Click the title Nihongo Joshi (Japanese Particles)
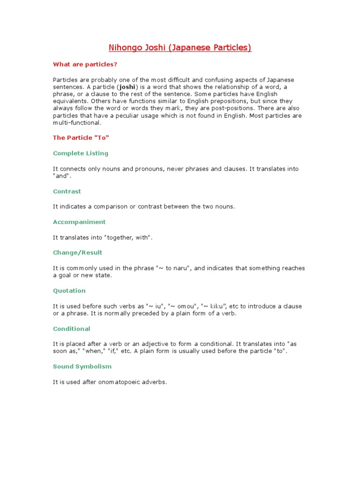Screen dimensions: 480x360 (180, 48)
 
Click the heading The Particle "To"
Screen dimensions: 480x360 (81, 138)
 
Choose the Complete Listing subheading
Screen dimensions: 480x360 (81, 153)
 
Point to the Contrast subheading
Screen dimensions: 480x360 (67, 191)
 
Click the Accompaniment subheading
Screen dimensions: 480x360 (79, 222)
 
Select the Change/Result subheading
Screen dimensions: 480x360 (78, 253)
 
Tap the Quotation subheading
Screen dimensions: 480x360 (69, 291)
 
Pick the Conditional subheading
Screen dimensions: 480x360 (72, 329)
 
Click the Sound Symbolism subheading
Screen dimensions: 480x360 (82, 367)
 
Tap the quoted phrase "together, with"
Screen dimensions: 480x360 (126, 238)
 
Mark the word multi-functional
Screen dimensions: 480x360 (77, 122)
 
